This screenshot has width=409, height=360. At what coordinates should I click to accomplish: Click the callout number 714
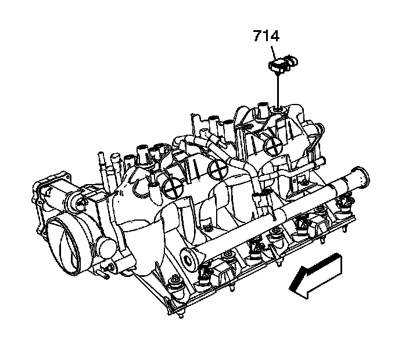[266, 36]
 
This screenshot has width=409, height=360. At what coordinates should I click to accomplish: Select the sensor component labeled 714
[283, 63]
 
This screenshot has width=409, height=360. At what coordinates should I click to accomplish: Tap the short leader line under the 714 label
[274, 53]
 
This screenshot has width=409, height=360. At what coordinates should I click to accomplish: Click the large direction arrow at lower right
[316, 276]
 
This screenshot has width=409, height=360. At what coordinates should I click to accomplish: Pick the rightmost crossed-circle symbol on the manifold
[273, 145]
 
